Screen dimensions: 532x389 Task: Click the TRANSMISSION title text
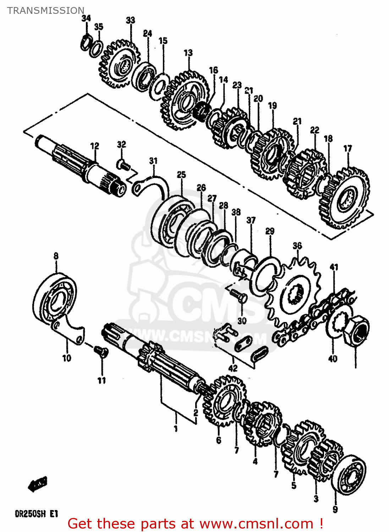(x=46, y=11)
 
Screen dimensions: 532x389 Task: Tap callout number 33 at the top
(x=130, y=20)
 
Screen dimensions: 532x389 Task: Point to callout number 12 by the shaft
(x=94, y=146)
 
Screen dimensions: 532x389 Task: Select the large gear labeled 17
(x=346, y=199)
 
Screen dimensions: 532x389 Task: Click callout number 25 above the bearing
(x=181, y=174)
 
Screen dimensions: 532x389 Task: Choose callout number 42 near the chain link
(x=232, y=368)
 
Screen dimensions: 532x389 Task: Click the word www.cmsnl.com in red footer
(x=256, y=524)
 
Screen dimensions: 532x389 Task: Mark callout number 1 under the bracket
(x=175, y=429)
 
